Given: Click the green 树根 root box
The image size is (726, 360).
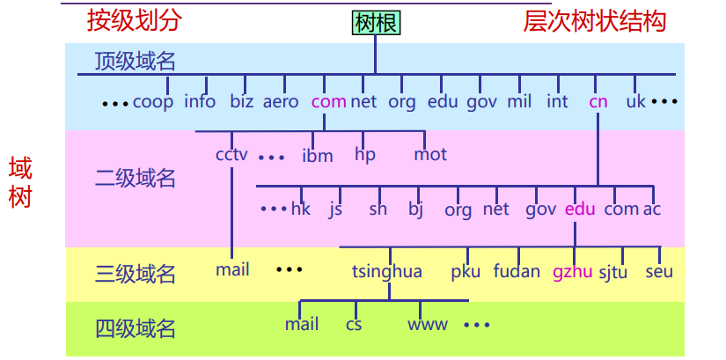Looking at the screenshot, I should tap(376, 22).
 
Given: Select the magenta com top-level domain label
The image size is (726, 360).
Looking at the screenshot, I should tap(328, 101).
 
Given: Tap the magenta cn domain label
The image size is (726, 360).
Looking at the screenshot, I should tap(598, 101).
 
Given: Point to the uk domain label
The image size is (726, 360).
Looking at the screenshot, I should tap(635, 101).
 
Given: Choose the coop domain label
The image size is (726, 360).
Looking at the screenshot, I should tap(153, 101).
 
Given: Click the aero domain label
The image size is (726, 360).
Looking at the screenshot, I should tap(281, 101).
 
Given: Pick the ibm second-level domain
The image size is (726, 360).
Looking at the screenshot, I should tap(318, 156).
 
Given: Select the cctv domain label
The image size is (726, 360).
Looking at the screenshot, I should tap(231, 154).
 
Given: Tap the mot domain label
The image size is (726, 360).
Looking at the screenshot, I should tap(430, 154).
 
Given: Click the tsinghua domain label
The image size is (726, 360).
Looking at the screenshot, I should tap(386, 271).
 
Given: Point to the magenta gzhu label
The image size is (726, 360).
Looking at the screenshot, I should tap(572, 271).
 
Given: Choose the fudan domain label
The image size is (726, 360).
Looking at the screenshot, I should tap(517, 271).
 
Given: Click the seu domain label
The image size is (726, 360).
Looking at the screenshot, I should tap(658, 271).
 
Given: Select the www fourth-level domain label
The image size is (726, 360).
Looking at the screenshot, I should tap(427, 324).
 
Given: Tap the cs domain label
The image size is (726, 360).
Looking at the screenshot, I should tap(354, 324).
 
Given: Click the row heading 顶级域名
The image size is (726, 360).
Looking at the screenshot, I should tap(136, 61).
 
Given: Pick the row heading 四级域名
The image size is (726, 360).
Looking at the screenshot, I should tap(136, 329).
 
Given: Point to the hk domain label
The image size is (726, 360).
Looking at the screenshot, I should tap(301, 209).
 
